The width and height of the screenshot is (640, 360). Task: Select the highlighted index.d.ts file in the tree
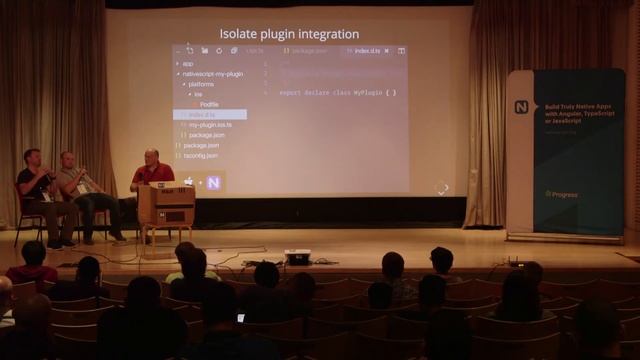[x=202, y=115]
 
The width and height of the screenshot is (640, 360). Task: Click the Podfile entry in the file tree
[x=209, y=104]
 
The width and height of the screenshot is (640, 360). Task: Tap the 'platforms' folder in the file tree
[x=201, y=84]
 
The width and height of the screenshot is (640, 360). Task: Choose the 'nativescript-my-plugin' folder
[x=212, y=74]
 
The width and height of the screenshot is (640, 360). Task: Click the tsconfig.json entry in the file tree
[x=201, y=155]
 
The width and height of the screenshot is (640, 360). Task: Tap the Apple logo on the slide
[x=188, y=182]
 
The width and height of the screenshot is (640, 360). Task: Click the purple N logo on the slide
[x=213, y=182]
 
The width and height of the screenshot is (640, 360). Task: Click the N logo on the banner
[x=521, y=107]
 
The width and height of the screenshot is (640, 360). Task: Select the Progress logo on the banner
[x=562, y=194]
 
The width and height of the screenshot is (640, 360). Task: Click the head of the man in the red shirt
[x=150, y=157]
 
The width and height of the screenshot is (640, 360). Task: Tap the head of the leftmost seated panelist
[x=32, y=157]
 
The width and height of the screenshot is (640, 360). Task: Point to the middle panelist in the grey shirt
[x=72, y=178]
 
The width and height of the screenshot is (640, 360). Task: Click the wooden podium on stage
[x=165, y=205]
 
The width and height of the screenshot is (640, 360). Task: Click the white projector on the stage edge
[x=297, y=257]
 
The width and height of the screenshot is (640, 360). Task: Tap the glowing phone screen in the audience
[x=240, y=318]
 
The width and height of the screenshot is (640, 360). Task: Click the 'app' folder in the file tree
[x=188, y=64]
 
